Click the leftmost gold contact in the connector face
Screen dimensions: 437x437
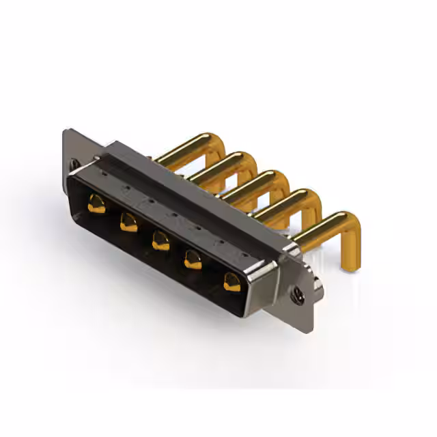(x=96, y=203)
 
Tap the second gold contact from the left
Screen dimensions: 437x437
(x=128, y=222)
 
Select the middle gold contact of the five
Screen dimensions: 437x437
(x=160, y=240)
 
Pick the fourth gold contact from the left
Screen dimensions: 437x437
(x=193, y=260)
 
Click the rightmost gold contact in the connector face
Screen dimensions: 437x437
(x=232, y=281)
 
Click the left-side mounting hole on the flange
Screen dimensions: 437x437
(x=74, y=165)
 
